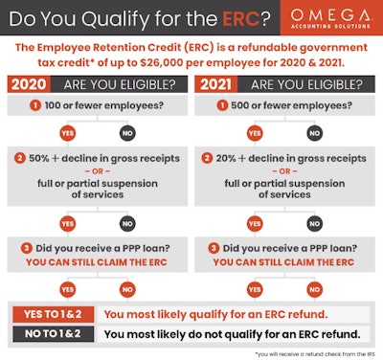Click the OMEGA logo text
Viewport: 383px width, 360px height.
(x=327, y=15)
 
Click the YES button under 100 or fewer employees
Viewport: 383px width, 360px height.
(x=68, y=132)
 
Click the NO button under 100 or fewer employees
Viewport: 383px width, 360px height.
(x=125, y=132)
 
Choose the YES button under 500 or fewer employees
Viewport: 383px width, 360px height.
(x=257, y=132)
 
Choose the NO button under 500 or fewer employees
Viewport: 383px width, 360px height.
(x=315, y=132)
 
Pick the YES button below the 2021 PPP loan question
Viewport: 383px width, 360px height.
(x=257, y=286)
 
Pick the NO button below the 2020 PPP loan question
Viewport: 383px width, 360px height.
(x=125, y=286)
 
